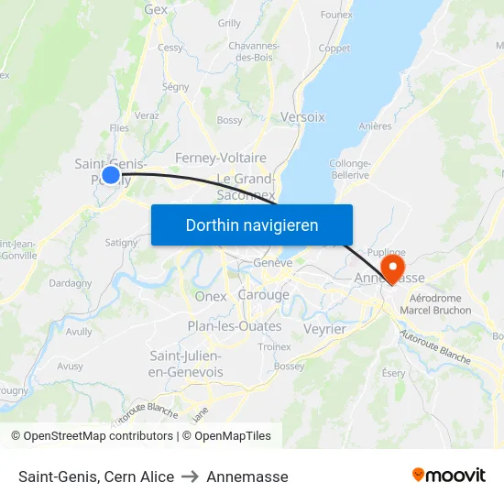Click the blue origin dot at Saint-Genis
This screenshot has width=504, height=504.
(111, 174)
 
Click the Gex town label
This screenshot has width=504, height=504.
(156, 10)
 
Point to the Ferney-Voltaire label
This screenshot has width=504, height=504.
(220, 158)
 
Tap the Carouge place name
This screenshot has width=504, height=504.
(263, 295)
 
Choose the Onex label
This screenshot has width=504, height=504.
(211, 296)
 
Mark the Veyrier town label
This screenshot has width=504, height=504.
(324, 329)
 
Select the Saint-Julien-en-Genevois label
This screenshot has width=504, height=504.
(186, 364)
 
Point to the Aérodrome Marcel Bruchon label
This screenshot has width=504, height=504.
(440, 304)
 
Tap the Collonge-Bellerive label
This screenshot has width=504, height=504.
(349, 169)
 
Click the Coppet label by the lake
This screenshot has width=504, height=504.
(334, 49)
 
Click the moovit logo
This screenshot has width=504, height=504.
(449, 476)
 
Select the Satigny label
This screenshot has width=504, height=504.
(121, 243)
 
